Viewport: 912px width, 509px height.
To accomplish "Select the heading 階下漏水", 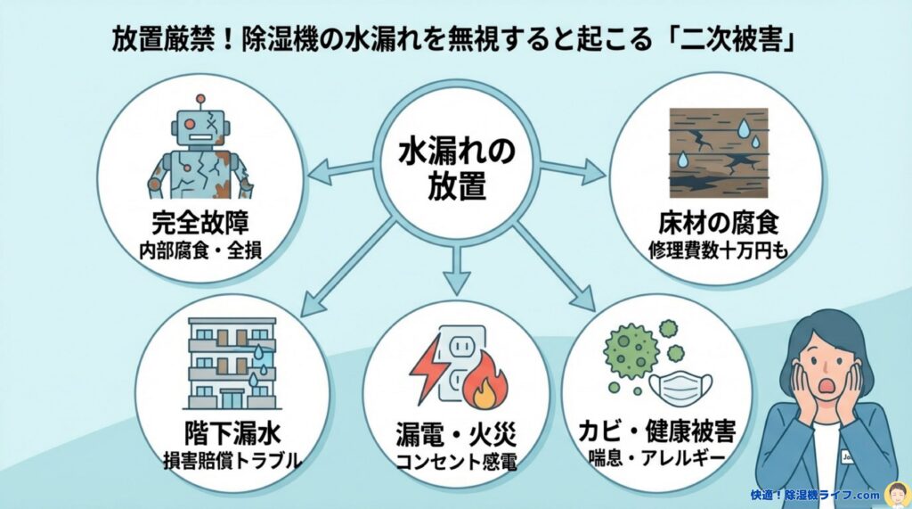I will (x=220, y=436).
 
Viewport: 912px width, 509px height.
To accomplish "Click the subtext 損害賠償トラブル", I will (x=220, y=462).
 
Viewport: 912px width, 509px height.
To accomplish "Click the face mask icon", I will (x=679, y=385).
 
